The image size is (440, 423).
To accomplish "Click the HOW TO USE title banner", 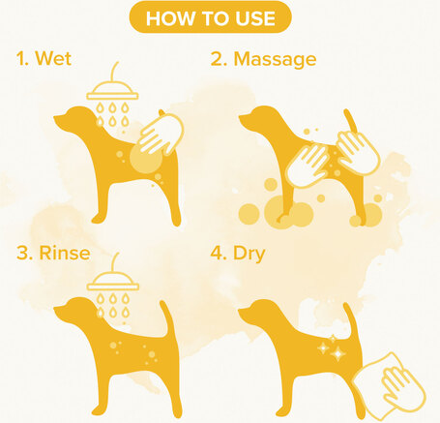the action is (x=210, y=17).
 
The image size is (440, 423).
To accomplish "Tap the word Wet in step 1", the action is (x=53, y=58).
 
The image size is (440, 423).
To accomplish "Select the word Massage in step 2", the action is (x=275, y=59).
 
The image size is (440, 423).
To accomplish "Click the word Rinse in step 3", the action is (x=65, y=253).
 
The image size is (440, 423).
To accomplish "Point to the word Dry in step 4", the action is (x=249, y=254).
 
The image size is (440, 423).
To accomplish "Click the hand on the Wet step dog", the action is (x=161, y=134).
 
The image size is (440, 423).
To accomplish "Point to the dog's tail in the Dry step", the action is (x=350, y=319).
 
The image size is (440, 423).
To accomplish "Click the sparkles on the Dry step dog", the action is (x=332, y=348).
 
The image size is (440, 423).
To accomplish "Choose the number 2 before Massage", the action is (x=217, y=59).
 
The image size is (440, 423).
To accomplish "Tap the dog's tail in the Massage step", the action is (x=350, y=121).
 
